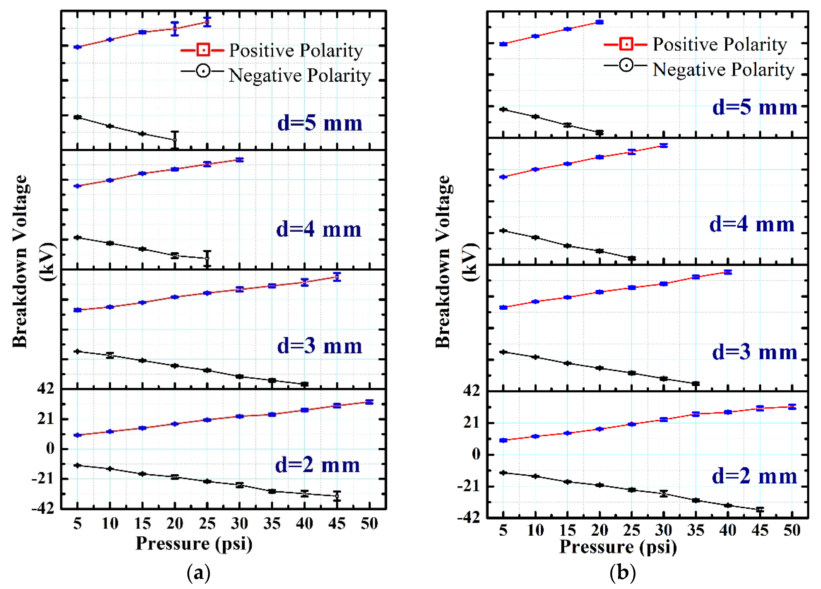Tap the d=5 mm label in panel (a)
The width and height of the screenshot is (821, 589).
(x=320, y=123)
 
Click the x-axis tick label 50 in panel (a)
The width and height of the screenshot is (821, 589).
(x=369, y=523)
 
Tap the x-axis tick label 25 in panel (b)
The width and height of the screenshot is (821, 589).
(x=632, y=530)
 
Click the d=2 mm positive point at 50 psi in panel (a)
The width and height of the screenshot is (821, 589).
(x=369, y=402)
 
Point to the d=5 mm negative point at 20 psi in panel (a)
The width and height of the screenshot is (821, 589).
(x=175, y=140)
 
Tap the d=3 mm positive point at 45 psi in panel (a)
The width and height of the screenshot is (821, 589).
(x=337, y=277)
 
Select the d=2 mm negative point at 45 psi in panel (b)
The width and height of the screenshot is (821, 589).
(x=760, y=509)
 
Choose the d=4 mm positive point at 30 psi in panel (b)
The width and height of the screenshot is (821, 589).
(x=663, y=146)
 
